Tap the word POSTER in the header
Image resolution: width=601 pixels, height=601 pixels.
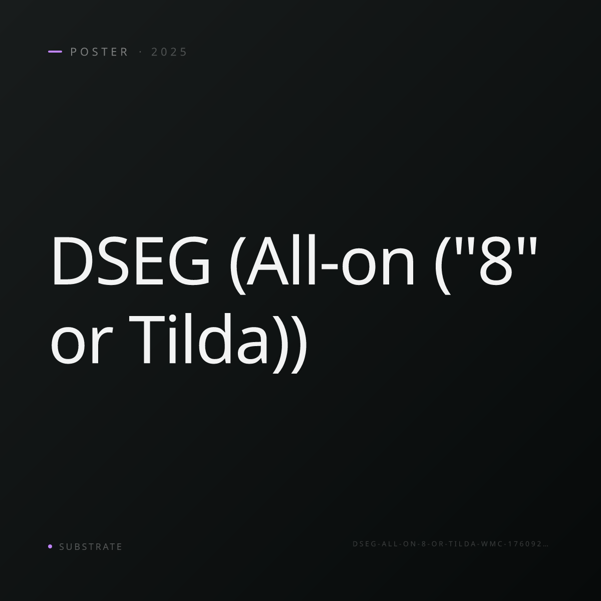(x=99, y=52)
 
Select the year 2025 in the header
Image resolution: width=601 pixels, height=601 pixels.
(x=169, y=52)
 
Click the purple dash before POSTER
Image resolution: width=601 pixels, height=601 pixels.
(x=55, y=52)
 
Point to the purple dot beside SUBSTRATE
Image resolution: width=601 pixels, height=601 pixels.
(x=50, y=546)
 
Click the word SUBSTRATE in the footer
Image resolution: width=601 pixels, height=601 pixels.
(x=91, y=547)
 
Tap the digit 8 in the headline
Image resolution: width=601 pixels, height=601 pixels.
(x=496, y=261)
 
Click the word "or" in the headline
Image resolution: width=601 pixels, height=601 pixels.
(x=82, y=346)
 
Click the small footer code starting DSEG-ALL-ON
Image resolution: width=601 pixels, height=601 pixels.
(x=450, y=544)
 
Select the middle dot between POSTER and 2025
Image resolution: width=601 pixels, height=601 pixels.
(x=140, y=52)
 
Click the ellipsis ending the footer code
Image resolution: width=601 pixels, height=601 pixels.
(x=545, y=546)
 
